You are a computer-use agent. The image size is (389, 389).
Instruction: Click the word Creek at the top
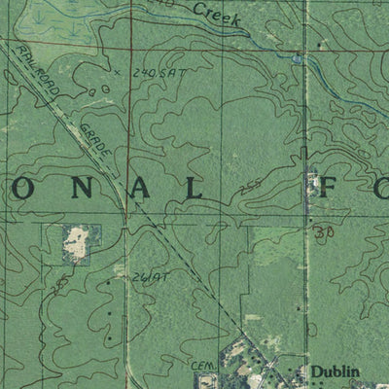[x=215, y=14]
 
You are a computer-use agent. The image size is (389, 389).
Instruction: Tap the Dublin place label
[x=336, y=371]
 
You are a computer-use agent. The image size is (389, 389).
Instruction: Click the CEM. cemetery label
[x=201, y=363]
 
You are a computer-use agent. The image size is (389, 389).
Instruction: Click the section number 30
[x=324, y=233]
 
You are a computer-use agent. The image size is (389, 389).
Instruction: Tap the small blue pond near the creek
[x=297, y=58]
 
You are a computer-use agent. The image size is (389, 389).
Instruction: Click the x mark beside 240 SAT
[x=115, y=73]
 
